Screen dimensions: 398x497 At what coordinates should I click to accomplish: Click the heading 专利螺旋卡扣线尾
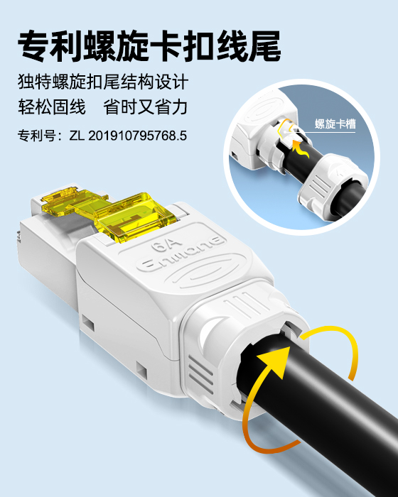tap(149, 46)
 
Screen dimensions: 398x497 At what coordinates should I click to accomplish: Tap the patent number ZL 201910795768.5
tap(128, 136)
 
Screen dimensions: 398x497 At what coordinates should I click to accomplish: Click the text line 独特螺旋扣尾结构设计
tap(103, 82)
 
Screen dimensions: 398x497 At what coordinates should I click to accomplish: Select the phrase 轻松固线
tap(52, 106)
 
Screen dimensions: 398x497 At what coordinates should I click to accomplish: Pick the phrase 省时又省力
tap(146, 106)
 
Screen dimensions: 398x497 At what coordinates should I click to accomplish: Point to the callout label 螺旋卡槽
tap(335, 124)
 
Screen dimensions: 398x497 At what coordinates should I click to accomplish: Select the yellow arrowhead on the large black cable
tap(276, 361)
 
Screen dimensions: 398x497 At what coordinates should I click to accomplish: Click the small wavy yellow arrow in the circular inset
tap(300, 150)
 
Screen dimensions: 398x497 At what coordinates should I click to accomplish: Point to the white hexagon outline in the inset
tap(285, 129)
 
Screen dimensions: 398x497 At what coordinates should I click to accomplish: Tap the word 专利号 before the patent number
tap(37, 136)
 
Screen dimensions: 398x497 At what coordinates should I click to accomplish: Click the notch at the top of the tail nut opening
tap(291, 328)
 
